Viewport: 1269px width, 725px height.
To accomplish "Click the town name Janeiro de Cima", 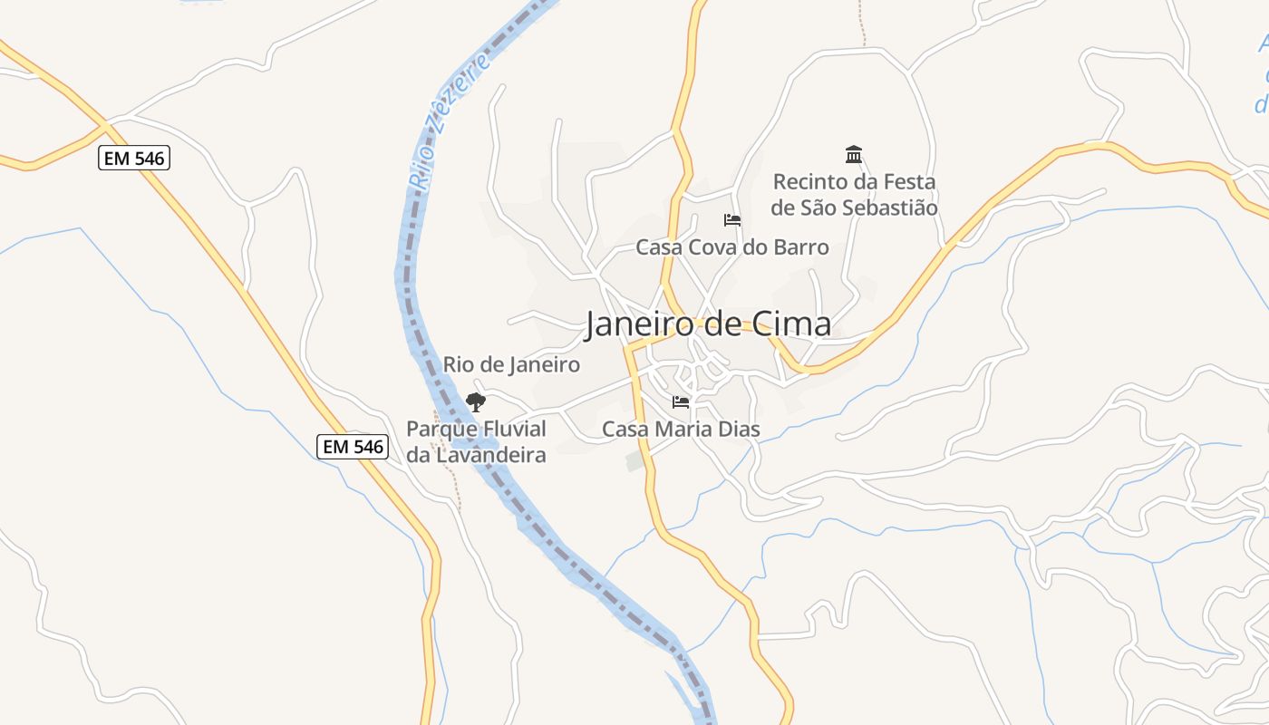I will click(x=707, y=324).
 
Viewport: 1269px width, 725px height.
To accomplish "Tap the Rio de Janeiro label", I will click(x=511, y=364).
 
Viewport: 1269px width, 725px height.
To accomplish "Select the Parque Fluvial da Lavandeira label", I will click(x=476, y=441).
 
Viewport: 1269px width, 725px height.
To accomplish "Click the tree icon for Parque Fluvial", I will click(x=476, y=401).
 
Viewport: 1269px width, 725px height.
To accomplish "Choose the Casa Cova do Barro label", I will click(x=731, y=246).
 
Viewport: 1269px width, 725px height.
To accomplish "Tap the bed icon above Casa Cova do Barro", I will click(x=731, y=219).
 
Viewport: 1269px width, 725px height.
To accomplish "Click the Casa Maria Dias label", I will click(x=681, y=429).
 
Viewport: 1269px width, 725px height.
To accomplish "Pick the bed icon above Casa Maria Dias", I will click(x=681, y=401).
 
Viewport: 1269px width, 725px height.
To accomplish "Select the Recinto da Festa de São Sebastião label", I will click(x=853, y=195).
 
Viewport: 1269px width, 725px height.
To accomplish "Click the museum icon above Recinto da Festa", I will click(x=853, y=154).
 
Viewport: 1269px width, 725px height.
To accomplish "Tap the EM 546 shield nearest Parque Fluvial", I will click(x=353, y=446).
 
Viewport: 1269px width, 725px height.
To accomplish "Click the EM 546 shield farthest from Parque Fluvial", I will click(x=134, y=159).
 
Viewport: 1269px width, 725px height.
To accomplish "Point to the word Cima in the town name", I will click(x=791, y=324).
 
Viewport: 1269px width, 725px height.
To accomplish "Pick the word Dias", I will click(x=738, y=429).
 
